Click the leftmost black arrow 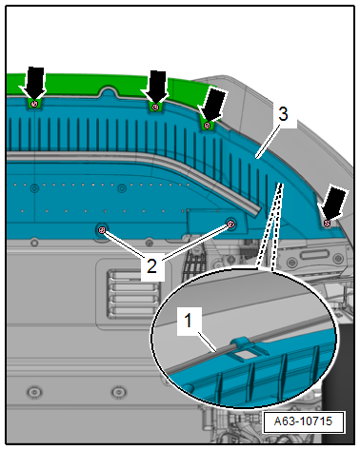pyautogui.click(x=34, y=82)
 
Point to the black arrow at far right pyautogui.click(x=333, y=203)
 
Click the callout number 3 pyautogui.click(x=283, y=114)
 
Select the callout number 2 pyautogui.click(x=151, y=265)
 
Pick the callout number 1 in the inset pyautogui.click(x=189, y=321)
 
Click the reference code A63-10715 pyautogui.click(x=303, y=421)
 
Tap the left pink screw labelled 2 pyautogui.click(x=102, y=230)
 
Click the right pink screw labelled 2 pyautogui.click(x=231, y=225)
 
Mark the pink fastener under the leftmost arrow pyautogui.click(x=35, y=104)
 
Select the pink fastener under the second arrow pyautogui.click(x=155, y=108)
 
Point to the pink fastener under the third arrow pyautogui.click(x=207, y=126)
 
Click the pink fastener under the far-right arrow pyautogui.click(x=327, y=224)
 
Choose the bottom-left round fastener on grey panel pyautogui.click(x=34, y=392)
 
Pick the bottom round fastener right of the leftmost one pyautogui.click(x=119, y=392)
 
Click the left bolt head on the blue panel pyautogui.click(x=34, y=188)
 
